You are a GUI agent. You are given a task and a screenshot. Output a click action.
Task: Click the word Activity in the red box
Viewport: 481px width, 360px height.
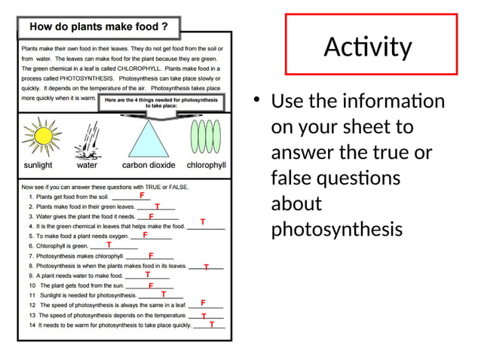point(368,48)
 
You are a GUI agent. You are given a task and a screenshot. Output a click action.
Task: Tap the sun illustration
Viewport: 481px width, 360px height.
point(38,136)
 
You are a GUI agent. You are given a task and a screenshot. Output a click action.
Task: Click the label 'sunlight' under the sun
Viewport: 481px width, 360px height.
point(38,165)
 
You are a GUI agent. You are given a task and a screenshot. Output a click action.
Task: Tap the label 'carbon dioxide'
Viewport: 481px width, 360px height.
point(149,165)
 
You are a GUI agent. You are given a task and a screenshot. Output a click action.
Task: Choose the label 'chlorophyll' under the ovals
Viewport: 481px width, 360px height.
point(206,165)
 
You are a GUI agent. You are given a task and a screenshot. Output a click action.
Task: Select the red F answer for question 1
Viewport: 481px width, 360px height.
point(142,196)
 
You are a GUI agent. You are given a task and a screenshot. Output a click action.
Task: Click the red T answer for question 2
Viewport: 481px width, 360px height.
point(157,206)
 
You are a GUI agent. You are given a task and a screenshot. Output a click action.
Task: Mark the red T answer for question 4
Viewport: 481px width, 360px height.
point(202,222)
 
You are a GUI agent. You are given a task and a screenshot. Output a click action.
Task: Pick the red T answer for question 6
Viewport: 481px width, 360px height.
point(109,245)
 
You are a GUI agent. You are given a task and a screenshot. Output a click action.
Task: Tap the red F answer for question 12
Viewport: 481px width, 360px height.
point(203,303)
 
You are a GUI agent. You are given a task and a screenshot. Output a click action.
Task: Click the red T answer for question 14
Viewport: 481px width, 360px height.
point(212,325)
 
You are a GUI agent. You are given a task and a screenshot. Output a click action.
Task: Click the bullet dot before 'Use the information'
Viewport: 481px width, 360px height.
point(256,101)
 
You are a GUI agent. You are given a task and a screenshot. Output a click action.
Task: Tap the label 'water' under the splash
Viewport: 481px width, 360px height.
point(87,165)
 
